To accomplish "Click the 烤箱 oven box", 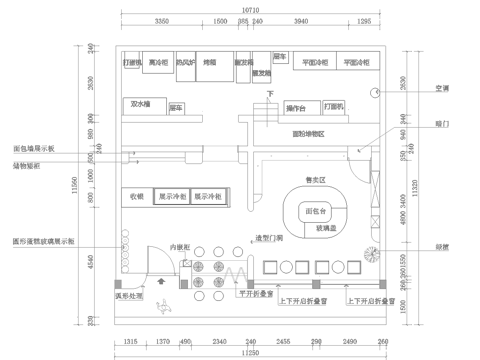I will coord(211,62).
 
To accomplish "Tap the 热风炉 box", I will coord(185,62).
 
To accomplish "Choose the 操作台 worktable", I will coord(296,107).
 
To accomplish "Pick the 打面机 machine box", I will coord(334,105).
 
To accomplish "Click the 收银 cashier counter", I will coord(136,197).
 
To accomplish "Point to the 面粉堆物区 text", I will coord(307,132).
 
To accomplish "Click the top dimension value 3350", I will coord(160,20).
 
